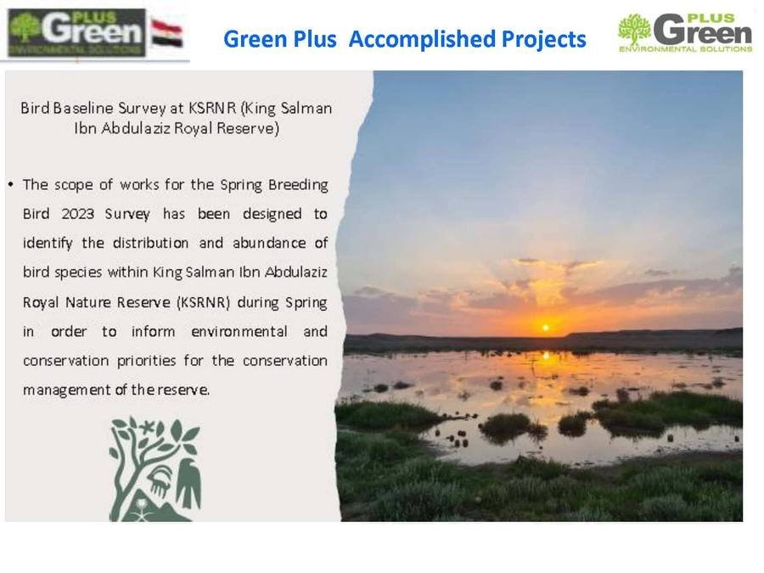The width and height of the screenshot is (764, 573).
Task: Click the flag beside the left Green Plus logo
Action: [x=167, y=32]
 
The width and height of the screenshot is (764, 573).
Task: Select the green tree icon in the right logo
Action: [x=634, y=30]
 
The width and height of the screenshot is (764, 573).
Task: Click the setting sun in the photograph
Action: [x=546, y=328]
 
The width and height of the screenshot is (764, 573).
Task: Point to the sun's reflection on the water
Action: [x=546, y=357]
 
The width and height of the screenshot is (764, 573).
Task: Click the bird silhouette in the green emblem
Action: [x=188, y=481]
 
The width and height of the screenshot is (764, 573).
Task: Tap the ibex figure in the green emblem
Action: [x=160, y=480]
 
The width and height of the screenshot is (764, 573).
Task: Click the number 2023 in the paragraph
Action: [x=77, y=214]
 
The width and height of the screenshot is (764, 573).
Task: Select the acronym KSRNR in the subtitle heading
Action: [x=212, y=108]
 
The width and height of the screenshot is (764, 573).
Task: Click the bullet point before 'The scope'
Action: [x=11, y=185]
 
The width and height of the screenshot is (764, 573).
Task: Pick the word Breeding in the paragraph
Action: [x=298, y=185]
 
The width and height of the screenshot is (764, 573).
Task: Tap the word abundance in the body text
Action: [x=269, y=243]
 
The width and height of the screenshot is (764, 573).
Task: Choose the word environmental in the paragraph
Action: [x=239, y=331]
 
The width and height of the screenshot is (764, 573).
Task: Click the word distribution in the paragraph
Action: [x=150, y=243]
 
